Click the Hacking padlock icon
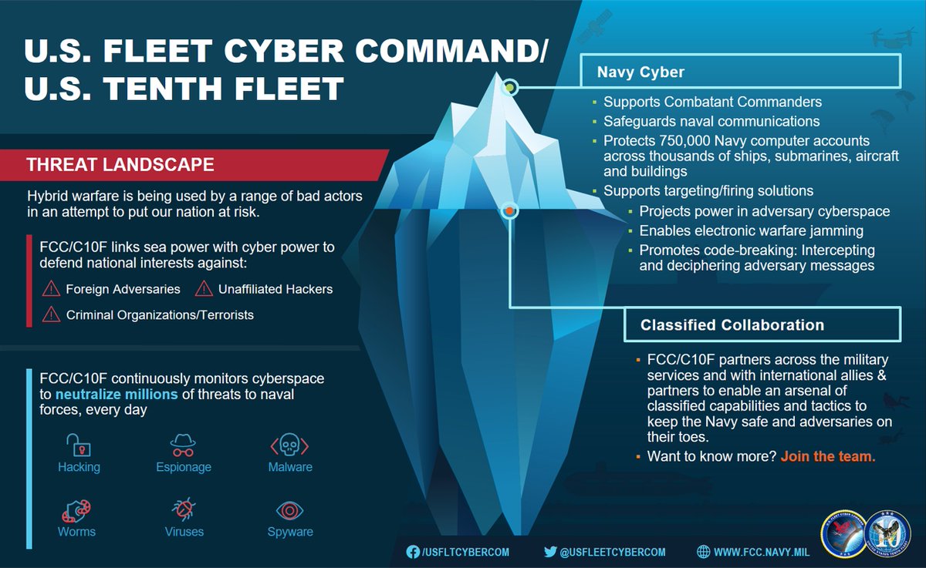78,445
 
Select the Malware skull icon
289,445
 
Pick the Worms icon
77,511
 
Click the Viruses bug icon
184,510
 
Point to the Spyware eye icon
289,510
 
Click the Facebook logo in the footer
413,552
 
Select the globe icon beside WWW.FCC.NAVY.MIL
704,552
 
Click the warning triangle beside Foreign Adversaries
52,289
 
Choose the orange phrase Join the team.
828,456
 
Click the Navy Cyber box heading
641,72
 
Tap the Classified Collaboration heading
732,325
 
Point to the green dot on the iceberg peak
509,89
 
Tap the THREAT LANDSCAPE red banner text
120,165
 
